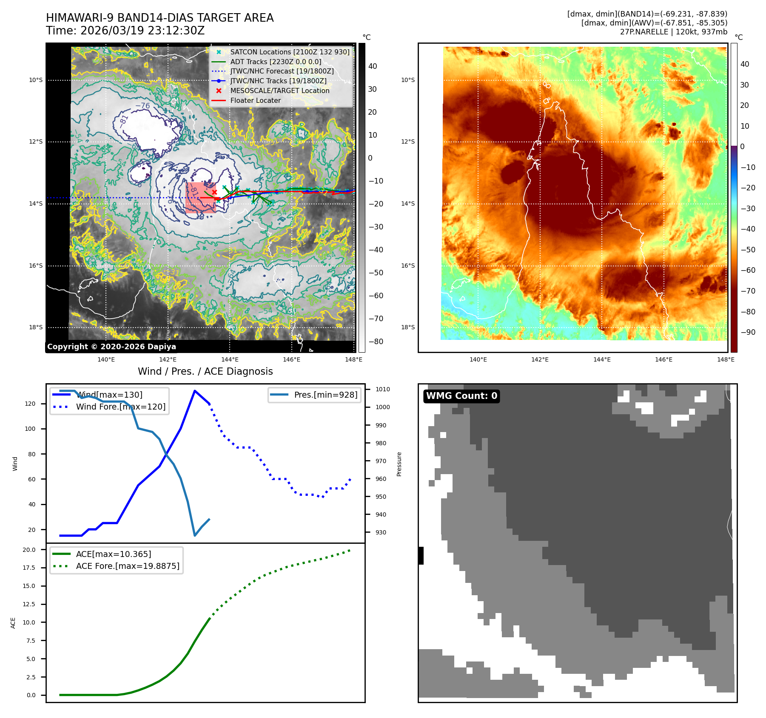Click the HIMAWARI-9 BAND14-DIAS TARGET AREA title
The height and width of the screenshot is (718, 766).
[x=159, y=18]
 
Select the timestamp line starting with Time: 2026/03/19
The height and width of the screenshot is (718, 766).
[x=125, y=31]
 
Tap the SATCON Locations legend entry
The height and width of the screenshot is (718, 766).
[x=290, y=52]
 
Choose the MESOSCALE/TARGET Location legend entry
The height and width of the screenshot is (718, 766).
[x=279, y=90]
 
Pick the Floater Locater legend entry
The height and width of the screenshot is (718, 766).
[x=255, y=100]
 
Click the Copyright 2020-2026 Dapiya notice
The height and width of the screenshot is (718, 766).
[x=111, y=347]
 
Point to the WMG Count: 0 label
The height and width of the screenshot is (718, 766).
[x=461, y=396]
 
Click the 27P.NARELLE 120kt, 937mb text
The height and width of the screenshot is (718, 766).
[x=673, y=32]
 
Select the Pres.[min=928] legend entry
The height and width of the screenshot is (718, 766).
[x=325, y=395]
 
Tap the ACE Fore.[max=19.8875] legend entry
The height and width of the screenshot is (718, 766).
[x=127, y=566]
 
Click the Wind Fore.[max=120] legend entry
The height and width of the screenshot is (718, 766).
[x=120, y=407]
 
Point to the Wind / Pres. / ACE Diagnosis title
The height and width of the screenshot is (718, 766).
[x=205, y=371]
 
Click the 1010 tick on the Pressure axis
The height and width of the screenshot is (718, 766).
[x=382, y=389]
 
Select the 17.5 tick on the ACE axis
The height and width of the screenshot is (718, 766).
[x=29, y=568]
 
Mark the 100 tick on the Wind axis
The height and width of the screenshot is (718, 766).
[x=30, y=429]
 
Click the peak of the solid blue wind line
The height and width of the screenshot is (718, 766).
[x=195, y=391]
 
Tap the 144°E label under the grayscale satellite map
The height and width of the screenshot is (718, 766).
[x=230, y=359]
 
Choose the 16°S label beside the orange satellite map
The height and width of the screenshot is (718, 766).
[x=408, y=266]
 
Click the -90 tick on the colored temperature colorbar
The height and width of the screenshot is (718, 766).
[x=748, y=332]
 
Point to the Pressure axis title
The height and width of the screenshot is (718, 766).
[x=399, y=464]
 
